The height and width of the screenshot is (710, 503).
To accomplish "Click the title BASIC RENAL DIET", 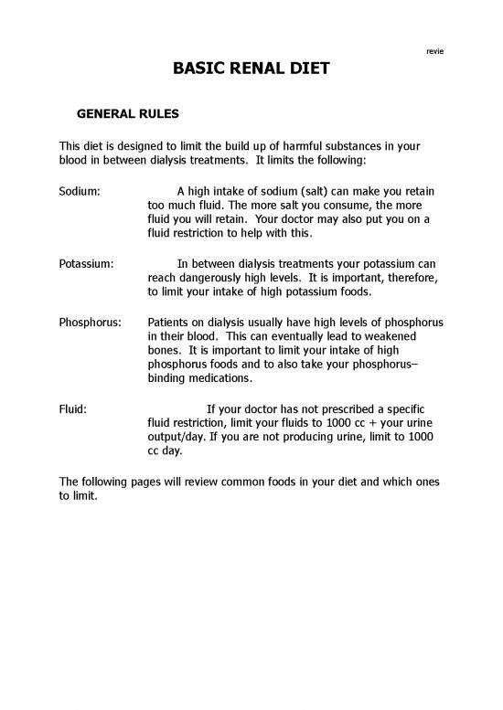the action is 251,69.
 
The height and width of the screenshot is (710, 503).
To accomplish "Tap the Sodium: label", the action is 80,191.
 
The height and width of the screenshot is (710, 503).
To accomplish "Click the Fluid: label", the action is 73,408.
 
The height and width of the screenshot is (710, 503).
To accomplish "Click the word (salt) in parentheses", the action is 312,191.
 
